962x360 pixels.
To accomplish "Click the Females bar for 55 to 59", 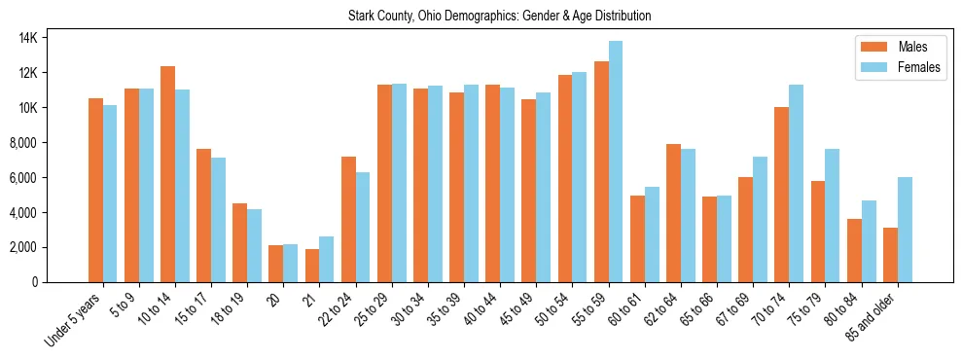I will click(616, 162).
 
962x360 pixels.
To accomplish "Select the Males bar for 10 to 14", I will click(167, 174).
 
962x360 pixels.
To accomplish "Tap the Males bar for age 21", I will click(312, 266).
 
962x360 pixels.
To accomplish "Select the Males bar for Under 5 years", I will click(95, 190).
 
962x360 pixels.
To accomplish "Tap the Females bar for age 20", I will click(291, 263).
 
